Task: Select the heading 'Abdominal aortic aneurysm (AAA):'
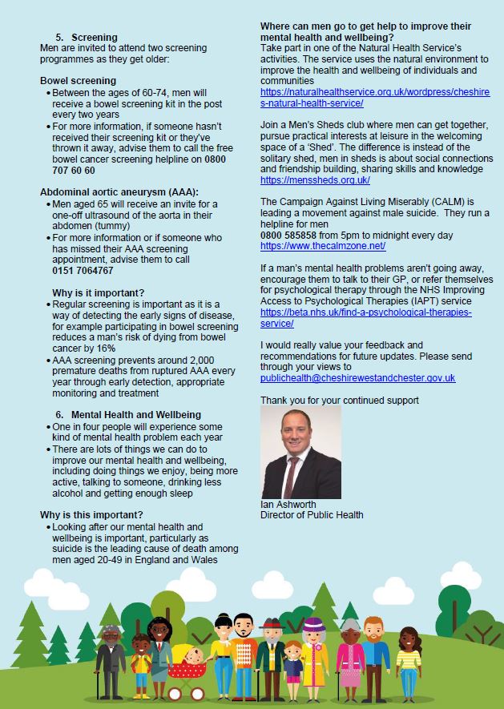pos(119,191)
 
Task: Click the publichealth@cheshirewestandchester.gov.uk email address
pos(357,377)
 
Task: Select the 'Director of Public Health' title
pos(312,515)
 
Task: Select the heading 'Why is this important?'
pos(91,514)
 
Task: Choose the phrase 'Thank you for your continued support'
pos(339,400)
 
